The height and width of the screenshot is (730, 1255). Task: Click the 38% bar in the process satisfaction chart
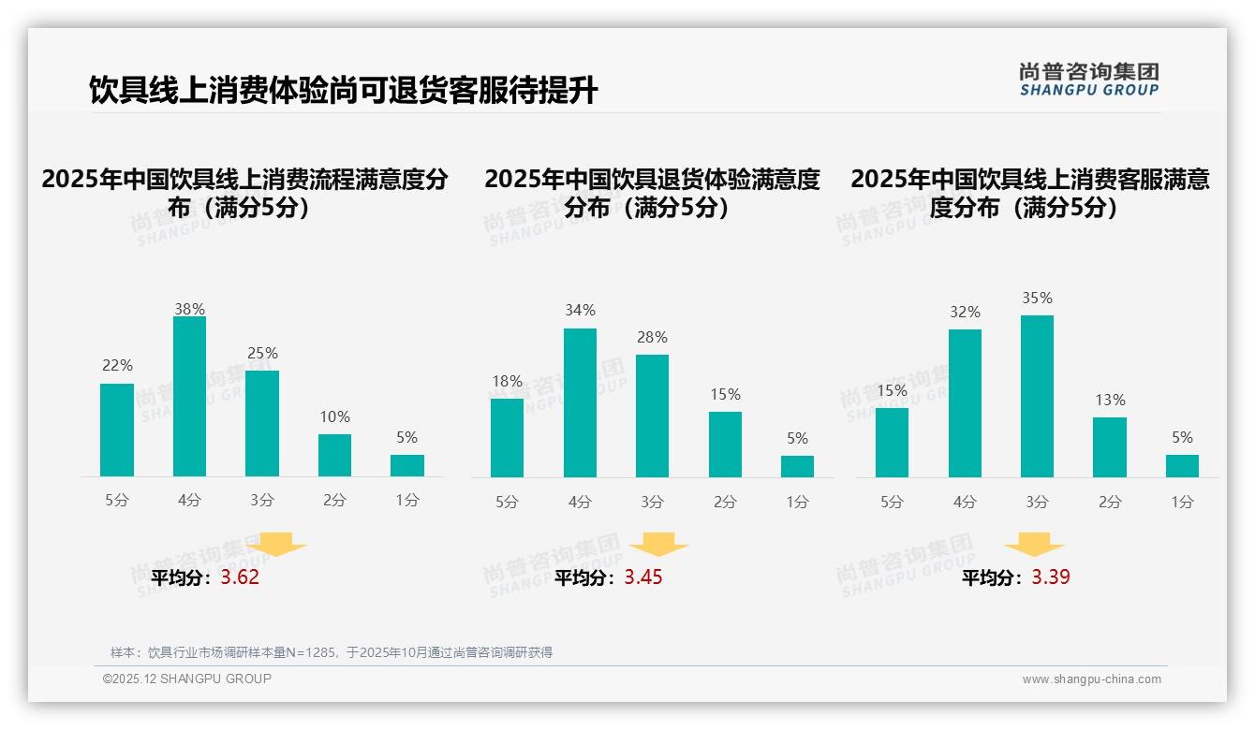coord(189,397)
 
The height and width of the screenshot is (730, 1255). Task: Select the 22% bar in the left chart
coord(117,431)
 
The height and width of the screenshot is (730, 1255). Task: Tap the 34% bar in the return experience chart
coord(580,402)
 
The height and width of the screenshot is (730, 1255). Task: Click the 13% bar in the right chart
coord(1110,447)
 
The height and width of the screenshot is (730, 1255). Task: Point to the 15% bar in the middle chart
coord(725,445)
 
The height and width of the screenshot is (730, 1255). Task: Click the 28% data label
coord(653,338)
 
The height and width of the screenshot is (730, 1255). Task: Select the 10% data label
coord(334,417)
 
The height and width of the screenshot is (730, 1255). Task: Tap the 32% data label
coord(965,313)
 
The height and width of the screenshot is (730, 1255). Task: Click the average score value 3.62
coord(240,577)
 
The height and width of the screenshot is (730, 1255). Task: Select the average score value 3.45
coord(643,577)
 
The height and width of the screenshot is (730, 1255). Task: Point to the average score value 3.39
coord(1051,577)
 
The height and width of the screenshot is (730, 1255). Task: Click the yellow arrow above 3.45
coord(659,545)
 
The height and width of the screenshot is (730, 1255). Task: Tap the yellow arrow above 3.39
coord(1034,545)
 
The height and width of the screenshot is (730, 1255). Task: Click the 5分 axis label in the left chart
coord(117,501)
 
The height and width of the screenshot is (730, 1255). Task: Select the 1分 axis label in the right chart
coord(1182,503)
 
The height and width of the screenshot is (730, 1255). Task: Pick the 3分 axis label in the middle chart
coord(653,503)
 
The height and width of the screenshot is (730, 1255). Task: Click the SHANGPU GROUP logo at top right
coord(1088,80)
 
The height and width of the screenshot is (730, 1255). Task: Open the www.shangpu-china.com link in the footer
coord(1091,679)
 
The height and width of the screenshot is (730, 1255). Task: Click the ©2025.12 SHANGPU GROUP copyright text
coord(187,679)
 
